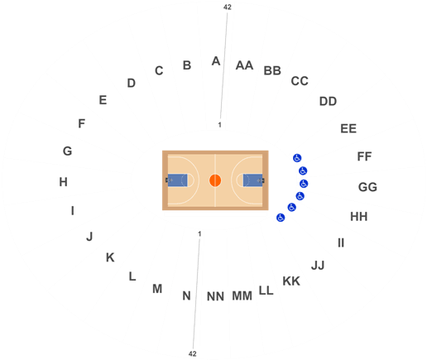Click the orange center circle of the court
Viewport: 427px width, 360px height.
(x=215, y=180)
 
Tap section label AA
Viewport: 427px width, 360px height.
(x=244, y=65)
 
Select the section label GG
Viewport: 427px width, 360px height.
(x=367, y=187)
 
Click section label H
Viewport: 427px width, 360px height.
(x=64, y=182)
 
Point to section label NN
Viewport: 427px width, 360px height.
(x=215, y=296)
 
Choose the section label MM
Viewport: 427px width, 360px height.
(x=242, y=296)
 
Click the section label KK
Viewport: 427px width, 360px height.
(x=291, y=281)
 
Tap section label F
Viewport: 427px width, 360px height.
(x=81, y=123)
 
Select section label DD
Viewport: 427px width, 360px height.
(x=328, y=102)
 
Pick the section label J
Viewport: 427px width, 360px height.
(x=89, y=237)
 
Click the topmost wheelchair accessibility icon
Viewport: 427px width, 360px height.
(x=297, y=158)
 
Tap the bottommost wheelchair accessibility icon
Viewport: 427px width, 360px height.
(x=281, y=218)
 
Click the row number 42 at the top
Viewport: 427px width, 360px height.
(x=228, y=7)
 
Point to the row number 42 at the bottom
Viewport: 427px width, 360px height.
(x=193, y=353)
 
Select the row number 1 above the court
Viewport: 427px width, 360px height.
(x=220, y=125)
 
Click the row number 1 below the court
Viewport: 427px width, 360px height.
(x=199, y=234)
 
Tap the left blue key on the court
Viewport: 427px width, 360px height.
(x=177, y=180)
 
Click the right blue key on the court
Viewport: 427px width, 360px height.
(x=252, y=180)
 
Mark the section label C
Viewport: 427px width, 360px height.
(x=159, y=71)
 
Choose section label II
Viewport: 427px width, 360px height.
(x=341, y=243)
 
